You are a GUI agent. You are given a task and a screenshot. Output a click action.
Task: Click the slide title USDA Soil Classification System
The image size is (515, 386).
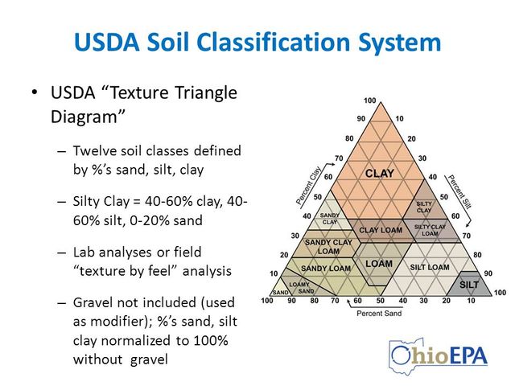click(x=257, y=41)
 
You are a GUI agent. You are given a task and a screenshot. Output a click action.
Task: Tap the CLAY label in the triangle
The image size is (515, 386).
click(x=379, y=173)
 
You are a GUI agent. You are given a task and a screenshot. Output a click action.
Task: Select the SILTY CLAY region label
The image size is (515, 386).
click(x=424, y=207)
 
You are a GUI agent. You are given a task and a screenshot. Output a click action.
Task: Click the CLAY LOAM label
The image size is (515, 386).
click(x=380, y=231)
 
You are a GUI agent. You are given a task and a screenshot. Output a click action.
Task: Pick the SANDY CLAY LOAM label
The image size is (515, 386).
click(x=328, y=246)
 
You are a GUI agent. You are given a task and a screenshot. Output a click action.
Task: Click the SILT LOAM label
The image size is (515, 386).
click(x=430, y=267)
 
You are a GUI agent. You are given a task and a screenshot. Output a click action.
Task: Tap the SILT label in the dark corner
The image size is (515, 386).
click(x=468, y=285)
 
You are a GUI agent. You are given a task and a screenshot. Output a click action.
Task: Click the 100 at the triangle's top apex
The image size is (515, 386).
click(x=369, y=101)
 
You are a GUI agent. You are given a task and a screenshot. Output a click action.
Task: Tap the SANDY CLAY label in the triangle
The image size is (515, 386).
click(x=330, y=218)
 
